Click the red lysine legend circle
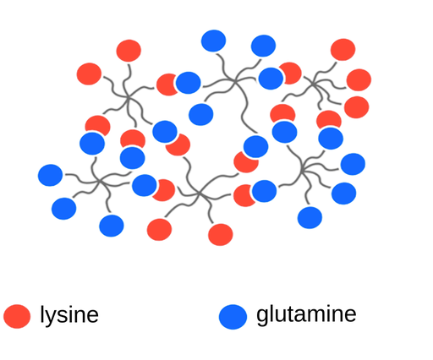click(17, 316)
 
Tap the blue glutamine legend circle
click(233, 317)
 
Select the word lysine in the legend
click(69, 315)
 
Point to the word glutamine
click(306, 314)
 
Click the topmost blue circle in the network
click(213, 41)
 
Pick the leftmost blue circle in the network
click(50, 175)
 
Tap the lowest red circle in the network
click(221, 235)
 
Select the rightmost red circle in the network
click(359, 80)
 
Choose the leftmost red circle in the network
click(89, 74)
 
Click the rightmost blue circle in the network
click(353, 164)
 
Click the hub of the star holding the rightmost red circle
click(313, 84)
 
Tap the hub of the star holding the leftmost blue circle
click(99, 181)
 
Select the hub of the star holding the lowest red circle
click(200, 194)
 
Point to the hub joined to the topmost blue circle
click(234, 81)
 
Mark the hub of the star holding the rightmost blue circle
click(302, 169)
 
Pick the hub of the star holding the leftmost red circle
click(128, 98)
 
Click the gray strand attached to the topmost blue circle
click(224, 67)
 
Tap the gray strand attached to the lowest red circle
click(209, 208)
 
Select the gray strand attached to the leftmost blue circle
click(82, 179)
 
